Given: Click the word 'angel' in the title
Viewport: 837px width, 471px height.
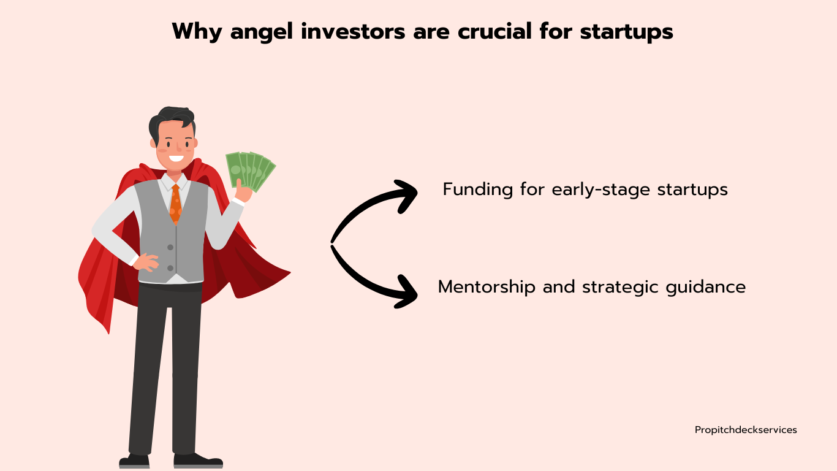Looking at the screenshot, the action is pos(261,33).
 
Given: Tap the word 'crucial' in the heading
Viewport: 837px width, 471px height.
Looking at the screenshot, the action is pos(494,31).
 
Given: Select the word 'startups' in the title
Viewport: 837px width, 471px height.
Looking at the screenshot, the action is pos(627,33).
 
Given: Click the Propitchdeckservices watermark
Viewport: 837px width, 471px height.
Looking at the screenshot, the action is pos(746,431).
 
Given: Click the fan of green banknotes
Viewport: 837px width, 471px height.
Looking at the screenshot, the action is pos(250,170).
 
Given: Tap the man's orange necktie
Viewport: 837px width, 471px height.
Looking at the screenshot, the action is pos(175,204).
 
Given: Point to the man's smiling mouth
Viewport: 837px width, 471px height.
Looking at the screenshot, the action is pos(176,158).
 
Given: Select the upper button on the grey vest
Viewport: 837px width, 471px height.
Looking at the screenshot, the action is pos(170,247).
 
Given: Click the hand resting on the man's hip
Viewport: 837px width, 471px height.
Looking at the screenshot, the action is pos(146,262).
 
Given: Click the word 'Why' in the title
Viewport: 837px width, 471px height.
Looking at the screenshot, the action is pos(197,33).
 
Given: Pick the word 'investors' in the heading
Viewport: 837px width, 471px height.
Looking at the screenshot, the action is pos(353,31).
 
